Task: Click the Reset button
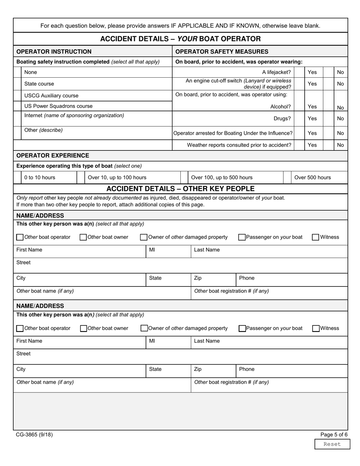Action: click(x=332, y=444)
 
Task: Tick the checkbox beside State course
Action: click(x=17, y=84)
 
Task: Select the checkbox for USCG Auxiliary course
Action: click(x=17, y=95)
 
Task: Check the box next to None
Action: click(x=17, y=72)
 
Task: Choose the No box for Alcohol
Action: click(x=328, y=107)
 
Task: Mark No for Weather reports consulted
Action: click(x=328, y=145)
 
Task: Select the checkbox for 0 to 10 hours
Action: click(x=17, y=177)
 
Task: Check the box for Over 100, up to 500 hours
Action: click(x=184, y=177)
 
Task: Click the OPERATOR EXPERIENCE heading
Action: click(x=53, y=155)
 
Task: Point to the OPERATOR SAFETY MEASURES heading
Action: click(x=222, y=52)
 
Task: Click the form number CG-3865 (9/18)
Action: click(x=34, y=435)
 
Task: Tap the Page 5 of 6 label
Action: click(x=334, y=435)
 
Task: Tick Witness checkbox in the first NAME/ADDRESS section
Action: click(x=315, y=237)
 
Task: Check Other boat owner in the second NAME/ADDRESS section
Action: click(x=83, y=328)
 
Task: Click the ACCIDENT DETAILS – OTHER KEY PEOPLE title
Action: click(x=180, y=189)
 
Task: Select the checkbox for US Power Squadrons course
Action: click(x=17, y=106)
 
